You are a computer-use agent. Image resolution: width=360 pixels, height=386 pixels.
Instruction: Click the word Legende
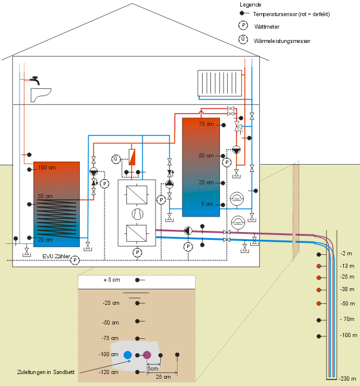tap(250, 4)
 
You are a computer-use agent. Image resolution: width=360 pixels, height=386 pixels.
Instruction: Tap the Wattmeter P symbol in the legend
tap(243, 25)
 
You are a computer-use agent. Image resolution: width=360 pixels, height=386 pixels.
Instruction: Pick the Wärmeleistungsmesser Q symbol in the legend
tap(243, 39)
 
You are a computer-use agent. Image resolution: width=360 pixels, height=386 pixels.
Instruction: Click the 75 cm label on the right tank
tap(206, 124)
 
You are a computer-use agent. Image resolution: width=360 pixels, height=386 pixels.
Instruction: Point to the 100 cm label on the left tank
tap(46, 168)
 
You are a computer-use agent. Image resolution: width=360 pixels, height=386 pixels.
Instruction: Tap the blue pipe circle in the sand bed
tap(128, 355)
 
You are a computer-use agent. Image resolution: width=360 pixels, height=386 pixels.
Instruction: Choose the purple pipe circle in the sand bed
tap(147, 355)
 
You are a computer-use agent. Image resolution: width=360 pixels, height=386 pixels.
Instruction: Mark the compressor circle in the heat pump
tap(137, 214)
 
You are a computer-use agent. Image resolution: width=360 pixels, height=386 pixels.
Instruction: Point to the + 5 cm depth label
tap(111, 280)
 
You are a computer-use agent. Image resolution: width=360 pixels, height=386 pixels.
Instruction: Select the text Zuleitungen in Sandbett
tap(42, 372)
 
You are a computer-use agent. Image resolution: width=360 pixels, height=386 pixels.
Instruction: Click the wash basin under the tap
tap(40, 94)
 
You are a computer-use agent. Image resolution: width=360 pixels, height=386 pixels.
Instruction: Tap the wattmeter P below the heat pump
tap(137, 252)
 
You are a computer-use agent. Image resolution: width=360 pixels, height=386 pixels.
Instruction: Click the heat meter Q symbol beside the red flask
tap(116, 158)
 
